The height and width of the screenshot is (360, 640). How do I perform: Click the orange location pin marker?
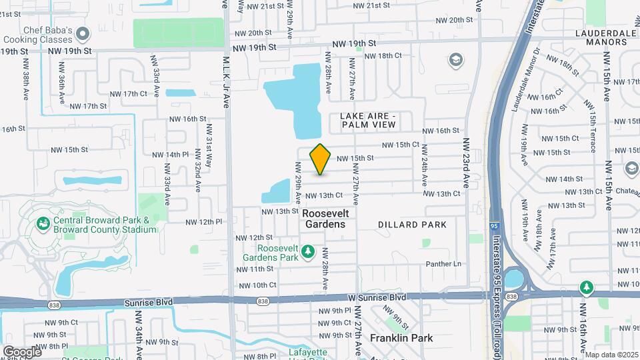pos(321,159)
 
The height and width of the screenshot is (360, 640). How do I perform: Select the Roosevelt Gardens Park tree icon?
pos(307,251)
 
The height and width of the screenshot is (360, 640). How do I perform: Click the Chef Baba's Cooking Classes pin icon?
pos(83,33)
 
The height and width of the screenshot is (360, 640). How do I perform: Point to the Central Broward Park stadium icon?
pos(44,223)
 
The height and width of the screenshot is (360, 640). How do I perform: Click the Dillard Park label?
pos(412,225)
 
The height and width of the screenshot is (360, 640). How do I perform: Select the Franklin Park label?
pos(401,338)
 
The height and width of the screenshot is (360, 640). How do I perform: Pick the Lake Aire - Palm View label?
pos(368,120)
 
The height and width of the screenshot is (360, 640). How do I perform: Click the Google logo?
pos(22,351)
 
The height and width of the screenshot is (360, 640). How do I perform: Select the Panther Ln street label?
pos(443,264)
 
